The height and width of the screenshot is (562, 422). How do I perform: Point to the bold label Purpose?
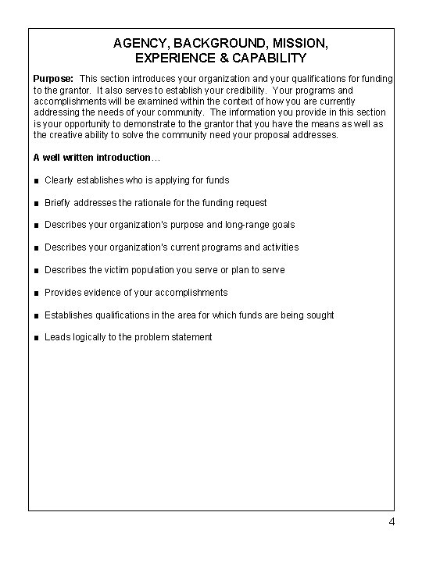[53, 80]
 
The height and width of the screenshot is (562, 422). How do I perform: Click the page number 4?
[392, 521]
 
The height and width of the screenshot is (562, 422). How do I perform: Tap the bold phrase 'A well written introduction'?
[93, 158]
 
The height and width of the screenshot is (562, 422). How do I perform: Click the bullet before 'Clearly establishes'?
[36, 180]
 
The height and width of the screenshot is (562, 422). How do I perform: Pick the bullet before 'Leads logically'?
[36, 338]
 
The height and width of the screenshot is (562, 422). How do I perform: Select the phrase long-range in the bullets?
[243, 225]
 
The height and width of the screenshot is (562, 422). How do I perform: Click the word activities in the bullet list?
[277, 247]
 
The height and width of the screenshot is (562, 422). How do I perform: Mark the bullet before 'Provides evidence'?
[36, 293]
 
